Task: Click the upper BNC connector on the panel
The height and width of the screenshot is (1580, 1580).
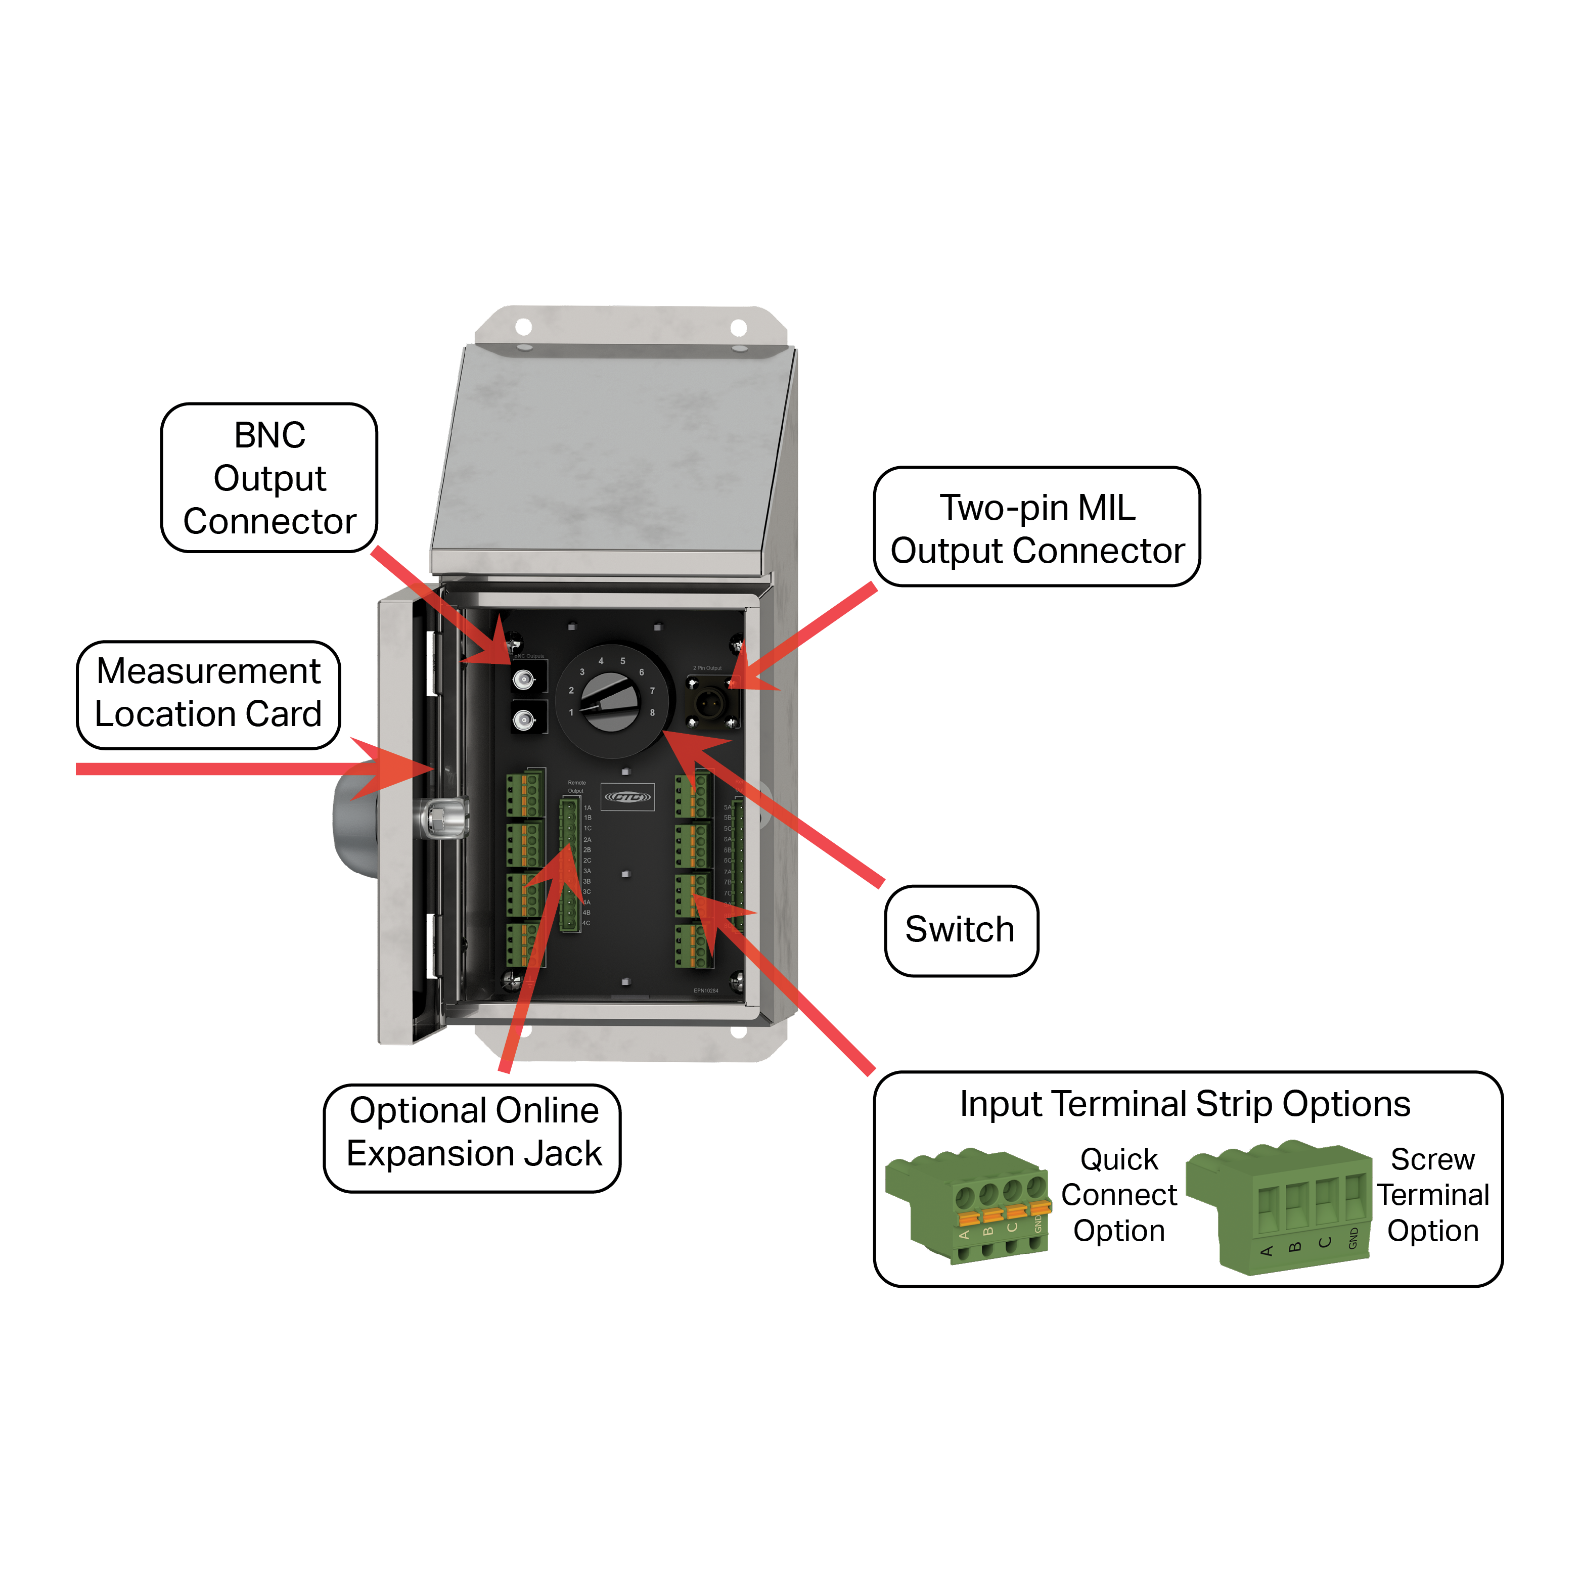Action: tap(523, 680)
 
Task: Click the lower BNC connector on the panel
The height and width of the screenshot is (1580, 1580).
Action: tap(523, 719)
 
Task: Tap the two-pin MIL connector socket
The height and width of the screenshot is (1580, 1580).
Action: tap(709, 702)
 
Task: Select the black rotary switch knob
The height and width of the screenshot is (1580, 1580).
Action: tap(610, 702)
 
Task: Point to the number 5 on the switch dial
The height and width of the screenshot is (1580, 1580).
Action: tap(622, 661)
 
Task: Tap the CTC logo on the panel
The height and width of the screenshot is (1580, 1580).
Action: tap(628, 796)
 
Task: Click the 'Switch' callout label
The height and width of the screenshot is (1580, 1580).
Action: tap(961, 930)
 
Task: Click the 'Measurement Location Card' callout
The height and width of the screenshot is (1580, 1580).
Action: tap(208, 694)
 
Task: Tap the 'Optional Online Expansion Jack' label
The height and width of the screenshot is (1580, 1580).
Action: tap(473, 1133)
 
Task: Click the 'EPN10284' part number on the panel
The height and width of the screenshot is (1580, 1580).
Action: tap(706, 990)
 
